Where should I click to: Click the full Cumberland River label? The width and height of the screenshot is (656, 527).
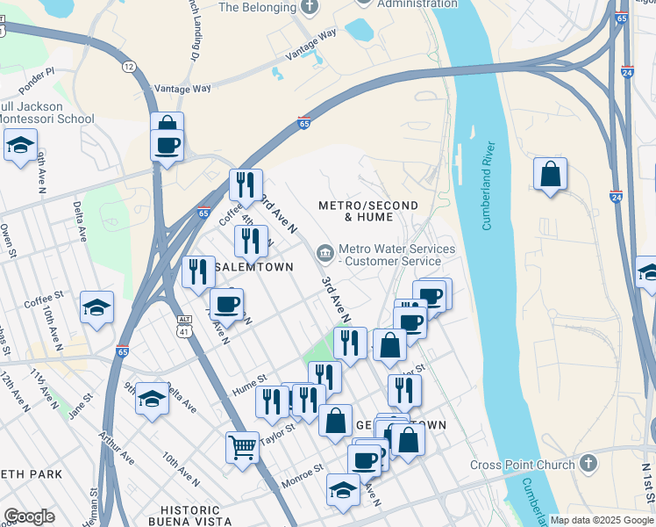pyautogui.click(x=489, y=185)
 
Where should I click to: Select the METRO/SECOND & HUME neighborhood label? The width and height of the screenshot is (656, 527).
pyautogui.click(x=367, y=210)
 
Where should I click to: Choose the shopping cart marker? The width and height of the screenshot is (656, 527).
pyautogui.click(x=242, y=446)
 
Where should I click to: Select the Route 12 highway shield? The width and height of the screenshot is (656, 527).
pyautogui.click(x=130, y=67)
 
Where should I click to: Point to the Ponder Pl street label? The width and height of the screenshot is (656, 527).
pyautogui.click(x=36, y=71)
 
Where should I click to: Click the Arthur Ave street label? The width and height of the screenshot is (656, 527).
pyautogui.click(x=116, y=449)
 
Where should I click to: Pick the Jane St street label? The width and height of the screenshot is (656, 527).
pyautogui.click(x=81, y=408)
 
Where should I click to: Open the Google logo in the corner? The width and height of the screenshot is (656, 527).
pyautogui.click(x=29, y=516)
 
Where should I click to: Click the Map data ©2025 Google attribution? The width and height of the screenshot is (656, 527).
pyautogui.click(x=602, y=520)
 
